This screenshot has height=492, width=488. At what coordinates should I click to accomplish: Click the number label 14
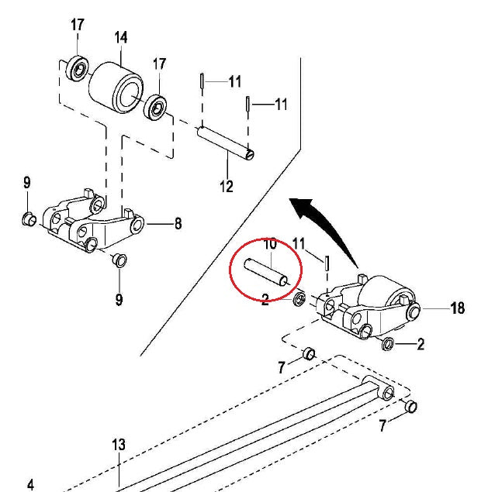pyautogui.click(x=121, y=37)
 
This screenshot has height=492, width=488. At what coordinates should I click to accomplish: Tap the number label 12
pyautogui.click(x=227, y=186)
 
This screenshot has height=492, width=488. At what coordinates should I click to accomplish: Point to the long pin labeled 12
pyautogui.click(x=225, y=143)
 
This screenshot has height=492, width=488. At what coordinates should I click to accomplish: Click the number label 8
pyautogui.click(x=178, y=224)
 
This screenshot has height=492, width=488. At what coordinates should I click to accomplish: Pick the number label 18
pyautogui.click(x=458, y=308)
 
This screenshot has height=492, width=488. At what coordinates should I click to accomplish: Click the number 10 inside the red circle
pyautogui.click(x=270, y=244)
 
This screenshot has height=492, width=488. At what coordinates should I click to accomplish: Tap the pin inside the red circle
pyautogui.click(x=266, y=272)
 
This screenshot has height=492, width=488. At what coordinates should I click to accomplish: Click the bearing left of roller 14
pyautogui.click(x=77, y=69)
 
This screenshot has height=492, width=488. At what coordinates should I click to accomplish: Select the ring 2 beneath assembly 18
pyautogui.click(x=388, y=343)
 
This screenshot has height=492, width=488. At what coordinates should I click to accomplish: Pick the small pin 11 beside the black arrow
pyautogui.click(x=327, y=263)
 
